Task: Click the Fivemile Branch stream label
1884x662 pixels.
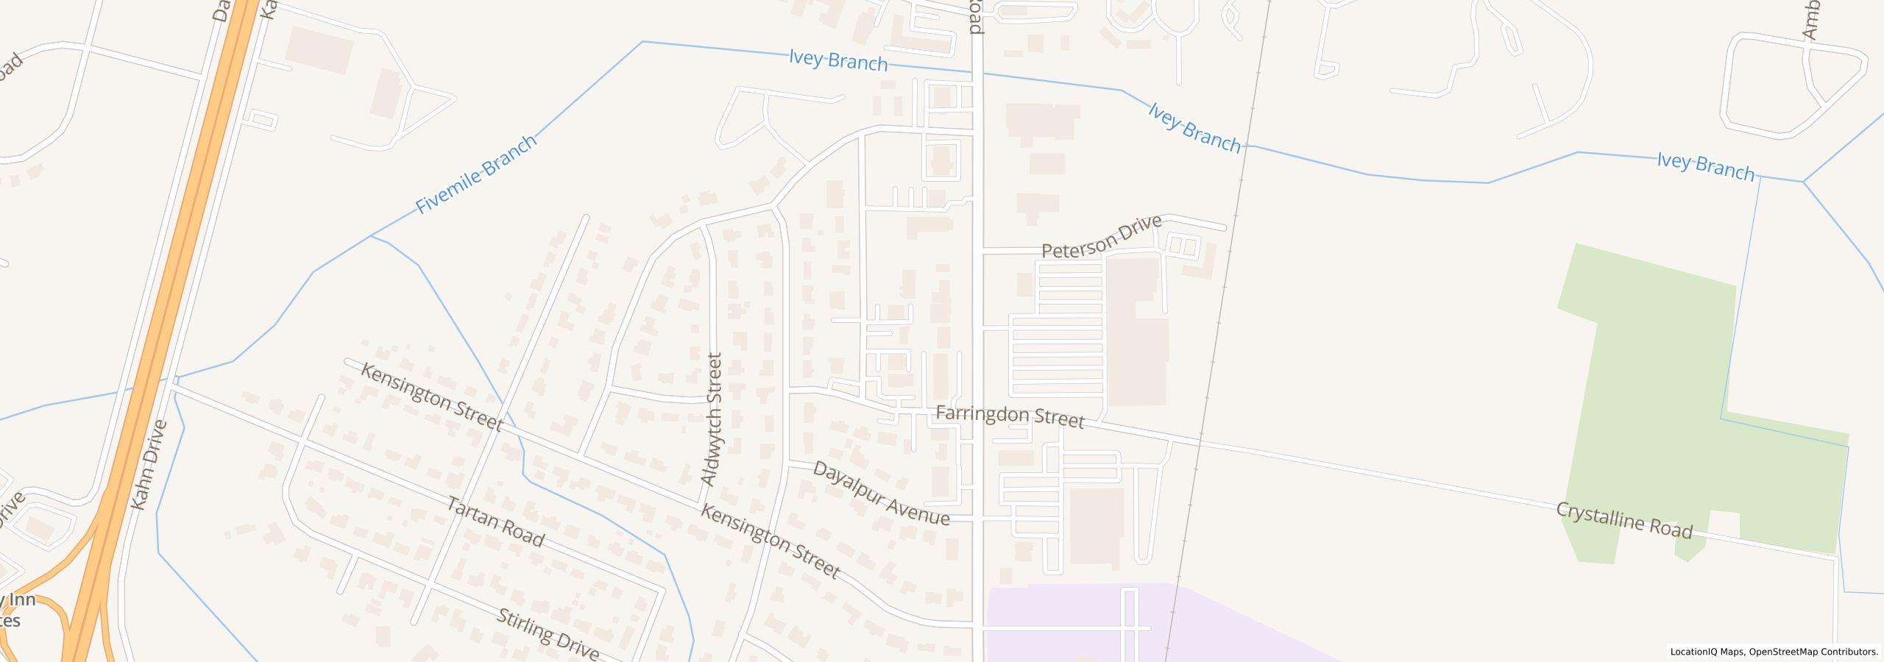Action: pos(476,175)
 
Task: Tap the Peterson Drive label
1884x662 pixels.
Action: pos(1102,237)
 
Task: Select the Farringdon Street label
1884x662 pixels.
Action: pos(1010,416)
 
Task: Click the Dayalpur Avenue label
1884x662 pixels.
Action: pos(880,494)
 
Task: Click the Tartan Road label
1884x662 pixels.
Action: pos(495,523)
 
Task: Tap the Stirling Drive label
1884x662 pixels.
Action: pos(548,634)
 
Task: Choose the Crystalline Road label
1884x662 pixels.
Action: pos(1623,521)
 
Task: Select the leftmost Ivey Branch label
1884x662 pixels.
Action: pos(837,60)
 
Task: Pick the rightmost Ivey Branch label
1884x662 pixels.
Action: pos(1705,166)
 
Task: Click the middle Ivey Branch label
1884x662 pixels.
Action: pos(1194,128)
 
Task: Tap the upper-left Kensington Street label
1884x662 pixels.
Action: pos(431,397)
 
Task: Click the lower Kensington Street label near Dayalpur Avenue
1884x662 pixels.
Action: pos(769,541)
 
